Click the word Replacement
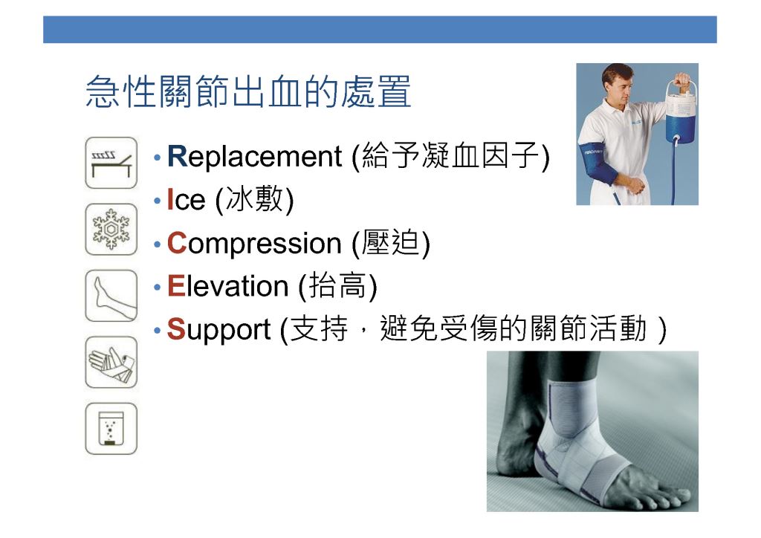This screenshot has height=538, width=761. coord(254,157)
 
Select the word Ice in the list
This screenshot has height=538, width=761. coord(186,199)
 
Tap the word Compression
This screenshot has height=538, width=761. coord(254,244)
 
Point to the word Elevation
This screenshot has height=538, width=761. coord(227,286)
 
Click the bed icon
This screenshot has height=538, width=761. coord(111,163)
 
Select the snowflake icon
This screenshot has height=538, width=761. coord(111,230)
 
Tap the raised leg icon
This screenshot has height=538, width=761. coord(111,296)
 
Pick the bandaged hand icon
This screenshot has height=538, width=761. coord(111,363)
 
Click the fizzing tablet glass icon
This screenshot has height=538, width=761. coord(111,429)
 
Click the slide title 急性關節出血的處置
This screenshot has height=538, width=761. coord(248,91)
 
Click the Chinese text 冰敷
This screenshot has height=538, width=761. coord(255,199)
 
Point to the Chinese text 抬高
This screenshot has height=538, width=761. coord(338,285)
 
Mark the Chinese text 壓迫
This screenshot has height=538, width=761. coord(391,242)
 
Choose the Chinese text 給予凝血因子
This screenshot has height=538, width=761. coord(451,156)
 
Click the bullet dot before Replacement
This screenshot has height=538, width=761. coord(157,158)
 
